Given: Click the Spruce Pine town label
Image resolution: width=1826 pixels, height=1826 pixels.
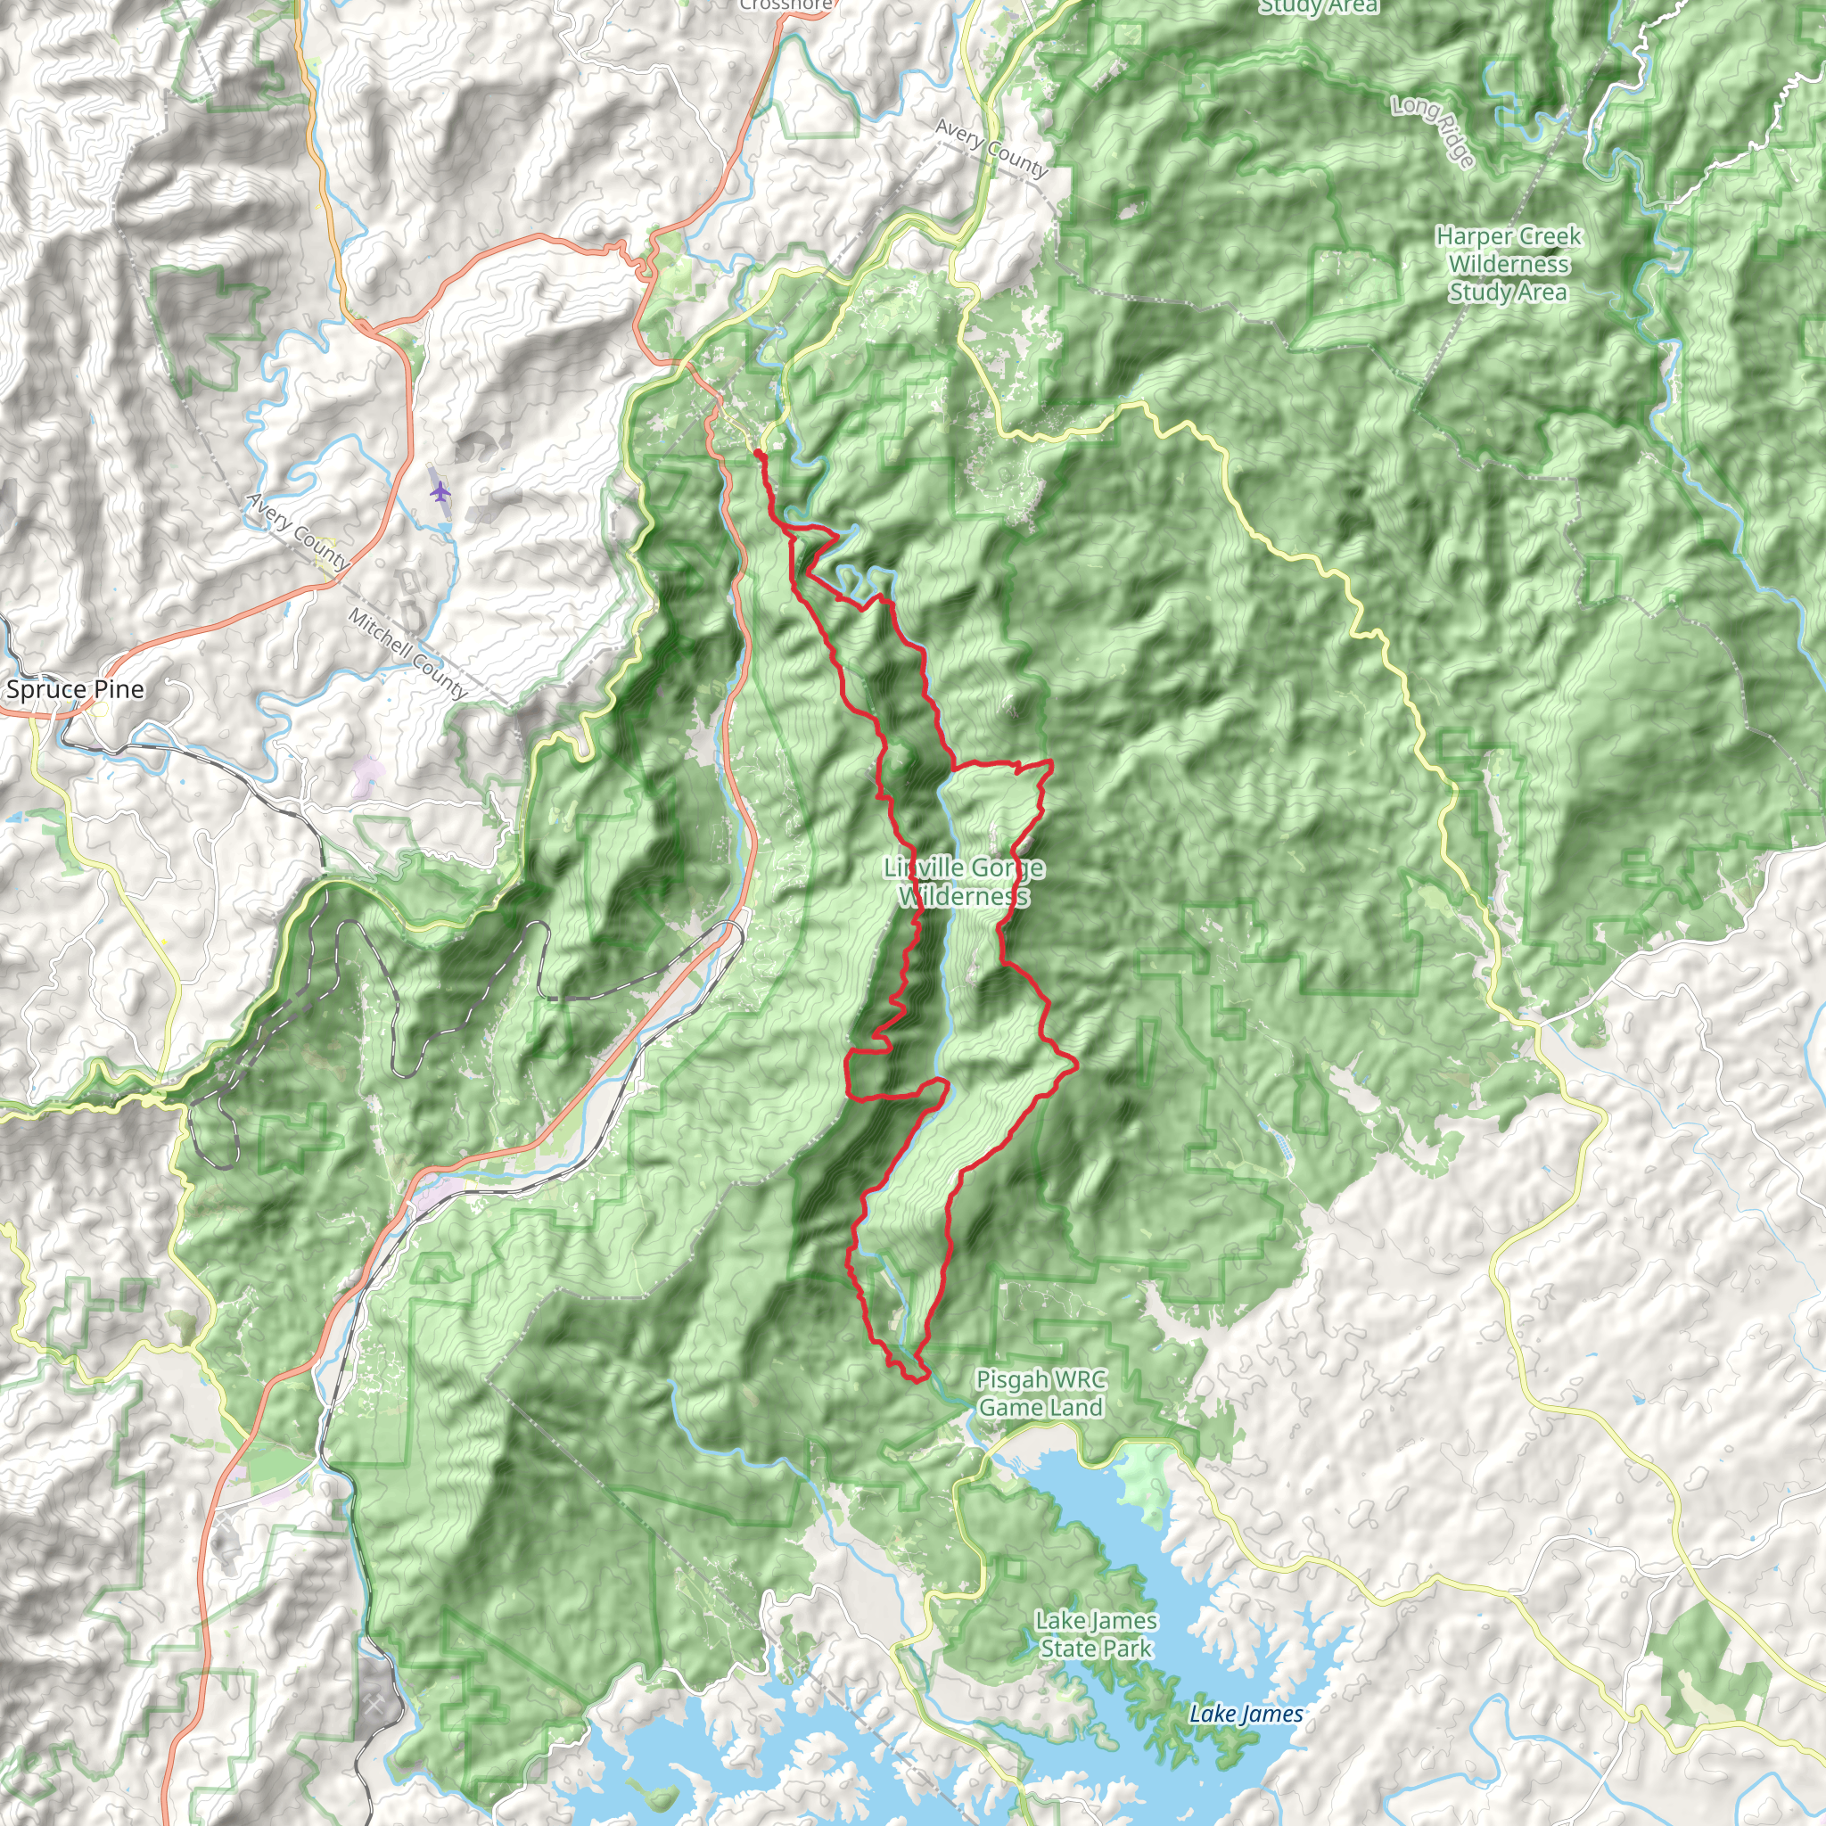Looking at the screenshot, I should click(75, 689).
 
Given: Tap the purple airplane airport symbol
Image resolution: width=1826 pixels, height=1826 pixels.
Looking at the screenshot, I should click(440, 492).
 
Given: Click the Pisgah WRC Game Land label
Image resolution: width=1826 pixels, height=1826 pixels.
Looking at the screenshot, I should click(1040, 1394).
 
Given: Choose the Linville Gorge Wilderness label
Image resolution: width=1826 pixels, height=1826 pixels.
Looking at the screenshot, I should click(964, 881).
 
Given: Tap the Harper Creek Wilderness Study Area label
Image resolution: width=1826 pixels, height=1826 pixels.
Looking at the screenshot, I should click(1509, 264).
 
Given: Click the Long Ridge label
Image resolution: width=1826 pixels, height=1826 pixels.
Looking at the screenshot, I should click(1433, 131).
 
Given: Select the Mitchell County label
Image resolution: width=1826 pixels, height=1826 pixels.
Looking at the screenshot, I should click(407, 653).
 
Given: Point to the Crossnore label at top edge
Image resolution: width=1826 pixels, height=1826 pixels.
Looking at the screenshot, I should click(786, 4).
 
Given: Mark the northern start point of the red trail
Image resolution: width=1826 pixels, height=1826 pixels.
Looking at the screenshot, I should click(758, 455).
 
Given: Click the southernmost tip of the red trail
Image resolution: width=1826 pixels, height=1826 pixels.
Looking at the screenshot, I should click(915, 1381).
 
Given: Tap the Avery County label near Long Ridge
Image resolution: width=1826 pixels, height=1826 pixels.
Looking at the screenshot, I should click(991, 148).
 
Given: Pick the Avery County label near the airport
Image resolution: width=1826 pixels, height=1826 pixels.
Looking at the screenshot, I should click(297, 531).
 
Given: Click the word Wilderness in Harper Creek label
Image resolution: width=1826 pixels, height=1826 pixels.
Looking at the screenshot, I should click(1509, 264).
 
